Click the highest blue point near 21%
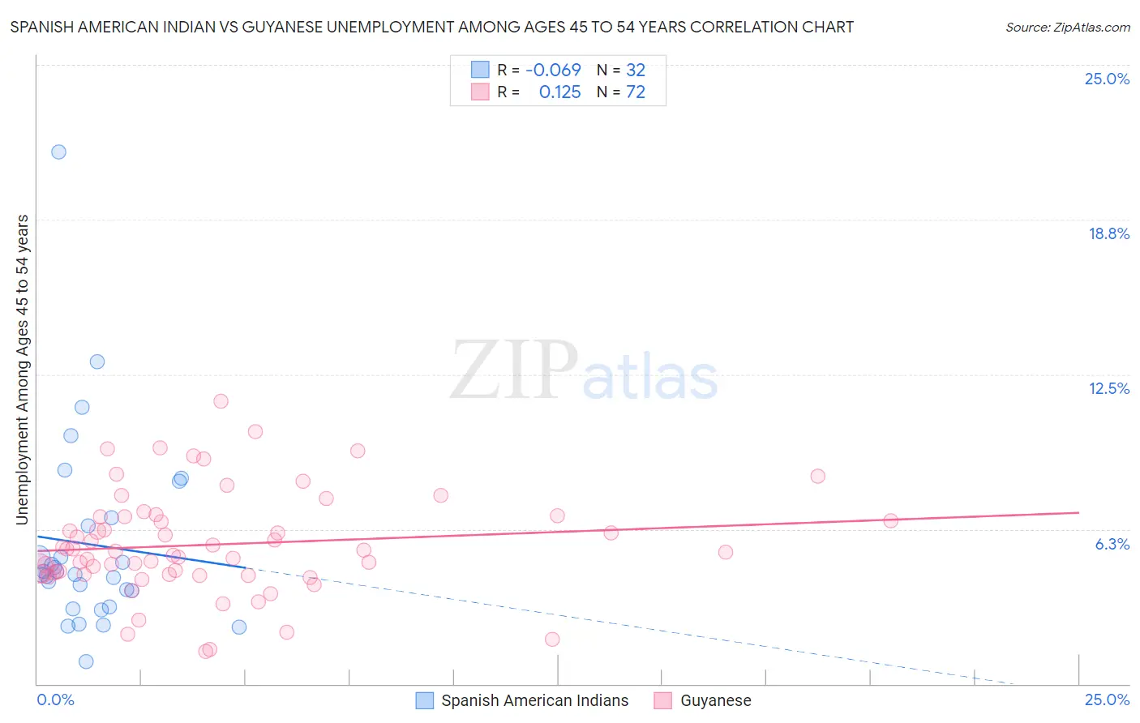coord(58,152)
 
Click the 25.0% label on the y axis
coord(1107,79)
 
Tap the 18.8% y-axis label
coord(1108,233)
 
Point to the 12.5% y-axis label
coord(1108,388)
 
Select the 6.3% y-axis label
coord(1112,544)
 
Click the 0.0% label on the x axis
coord(55,699)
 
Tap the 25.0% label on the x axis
coord(1107,699)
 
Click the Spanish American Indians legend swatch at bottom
coord(424,700)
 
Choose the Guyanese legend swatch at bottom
coord(663,700)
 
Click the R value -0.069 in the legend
coord(553,71)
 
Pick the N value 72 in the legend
coord(636,92)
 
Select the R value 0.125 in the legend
coord(559,92)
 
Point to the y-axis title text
coord(23,369)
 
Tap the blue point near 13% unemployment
coord(97,361)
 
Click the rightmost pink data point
coord(890,520)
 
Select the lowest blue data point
coord(86,661)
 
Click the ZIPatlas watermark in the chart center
coord(584,371)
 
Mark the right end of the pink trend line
coord(1078,512)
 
